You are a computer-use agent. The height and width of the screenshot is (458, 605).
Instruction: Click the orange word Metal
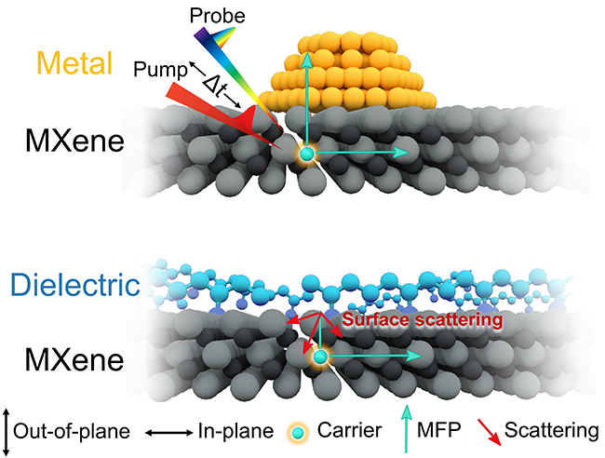75,62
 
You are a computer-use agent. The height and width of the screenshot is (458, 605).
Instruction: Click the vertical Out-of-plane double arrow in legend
8,432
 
